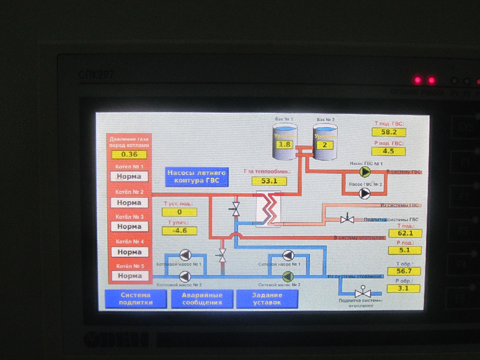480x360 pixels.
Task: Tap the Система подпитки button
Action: click(135, 299)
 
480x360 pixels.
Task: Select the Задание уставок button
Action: click(267, 299)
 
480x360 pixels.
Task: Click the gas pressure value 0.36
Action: click(129, 154)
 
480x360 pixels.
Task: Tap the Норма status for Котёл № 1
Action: click(129, 177)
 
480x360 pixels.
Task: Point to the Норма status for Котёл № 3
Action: click(129, 227)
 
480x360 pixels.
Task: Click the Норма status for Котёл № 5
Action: click(129, 276)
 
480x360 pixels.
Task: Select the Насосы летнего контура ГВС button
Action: click(197, 176)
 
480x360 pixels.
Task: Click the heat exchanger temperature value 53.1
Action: click(269, 181)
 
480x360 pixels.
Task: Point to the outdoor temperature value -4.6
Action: click(179, 230)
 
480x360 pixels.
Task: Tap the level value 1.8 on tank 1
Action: click(284, 144)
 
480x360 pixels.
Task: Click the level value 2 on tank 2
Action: click(324, 144)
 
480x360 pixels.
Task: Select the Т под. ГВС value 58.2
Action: click(389, 132)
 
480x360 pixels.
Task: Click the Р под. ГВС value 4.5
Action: click(389, 151)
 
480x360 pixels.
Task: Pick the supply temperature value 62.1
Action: click(405, 233)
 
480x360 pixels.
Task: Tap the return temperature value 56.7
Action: click(404, 271)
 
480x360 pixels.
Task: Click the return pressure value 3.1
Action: click(404, 288)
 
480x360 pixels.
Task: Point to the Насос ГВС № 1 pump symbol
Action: click(365, 172)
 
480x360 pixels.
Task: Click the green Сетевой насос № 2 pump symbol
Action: click(287, 276)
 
